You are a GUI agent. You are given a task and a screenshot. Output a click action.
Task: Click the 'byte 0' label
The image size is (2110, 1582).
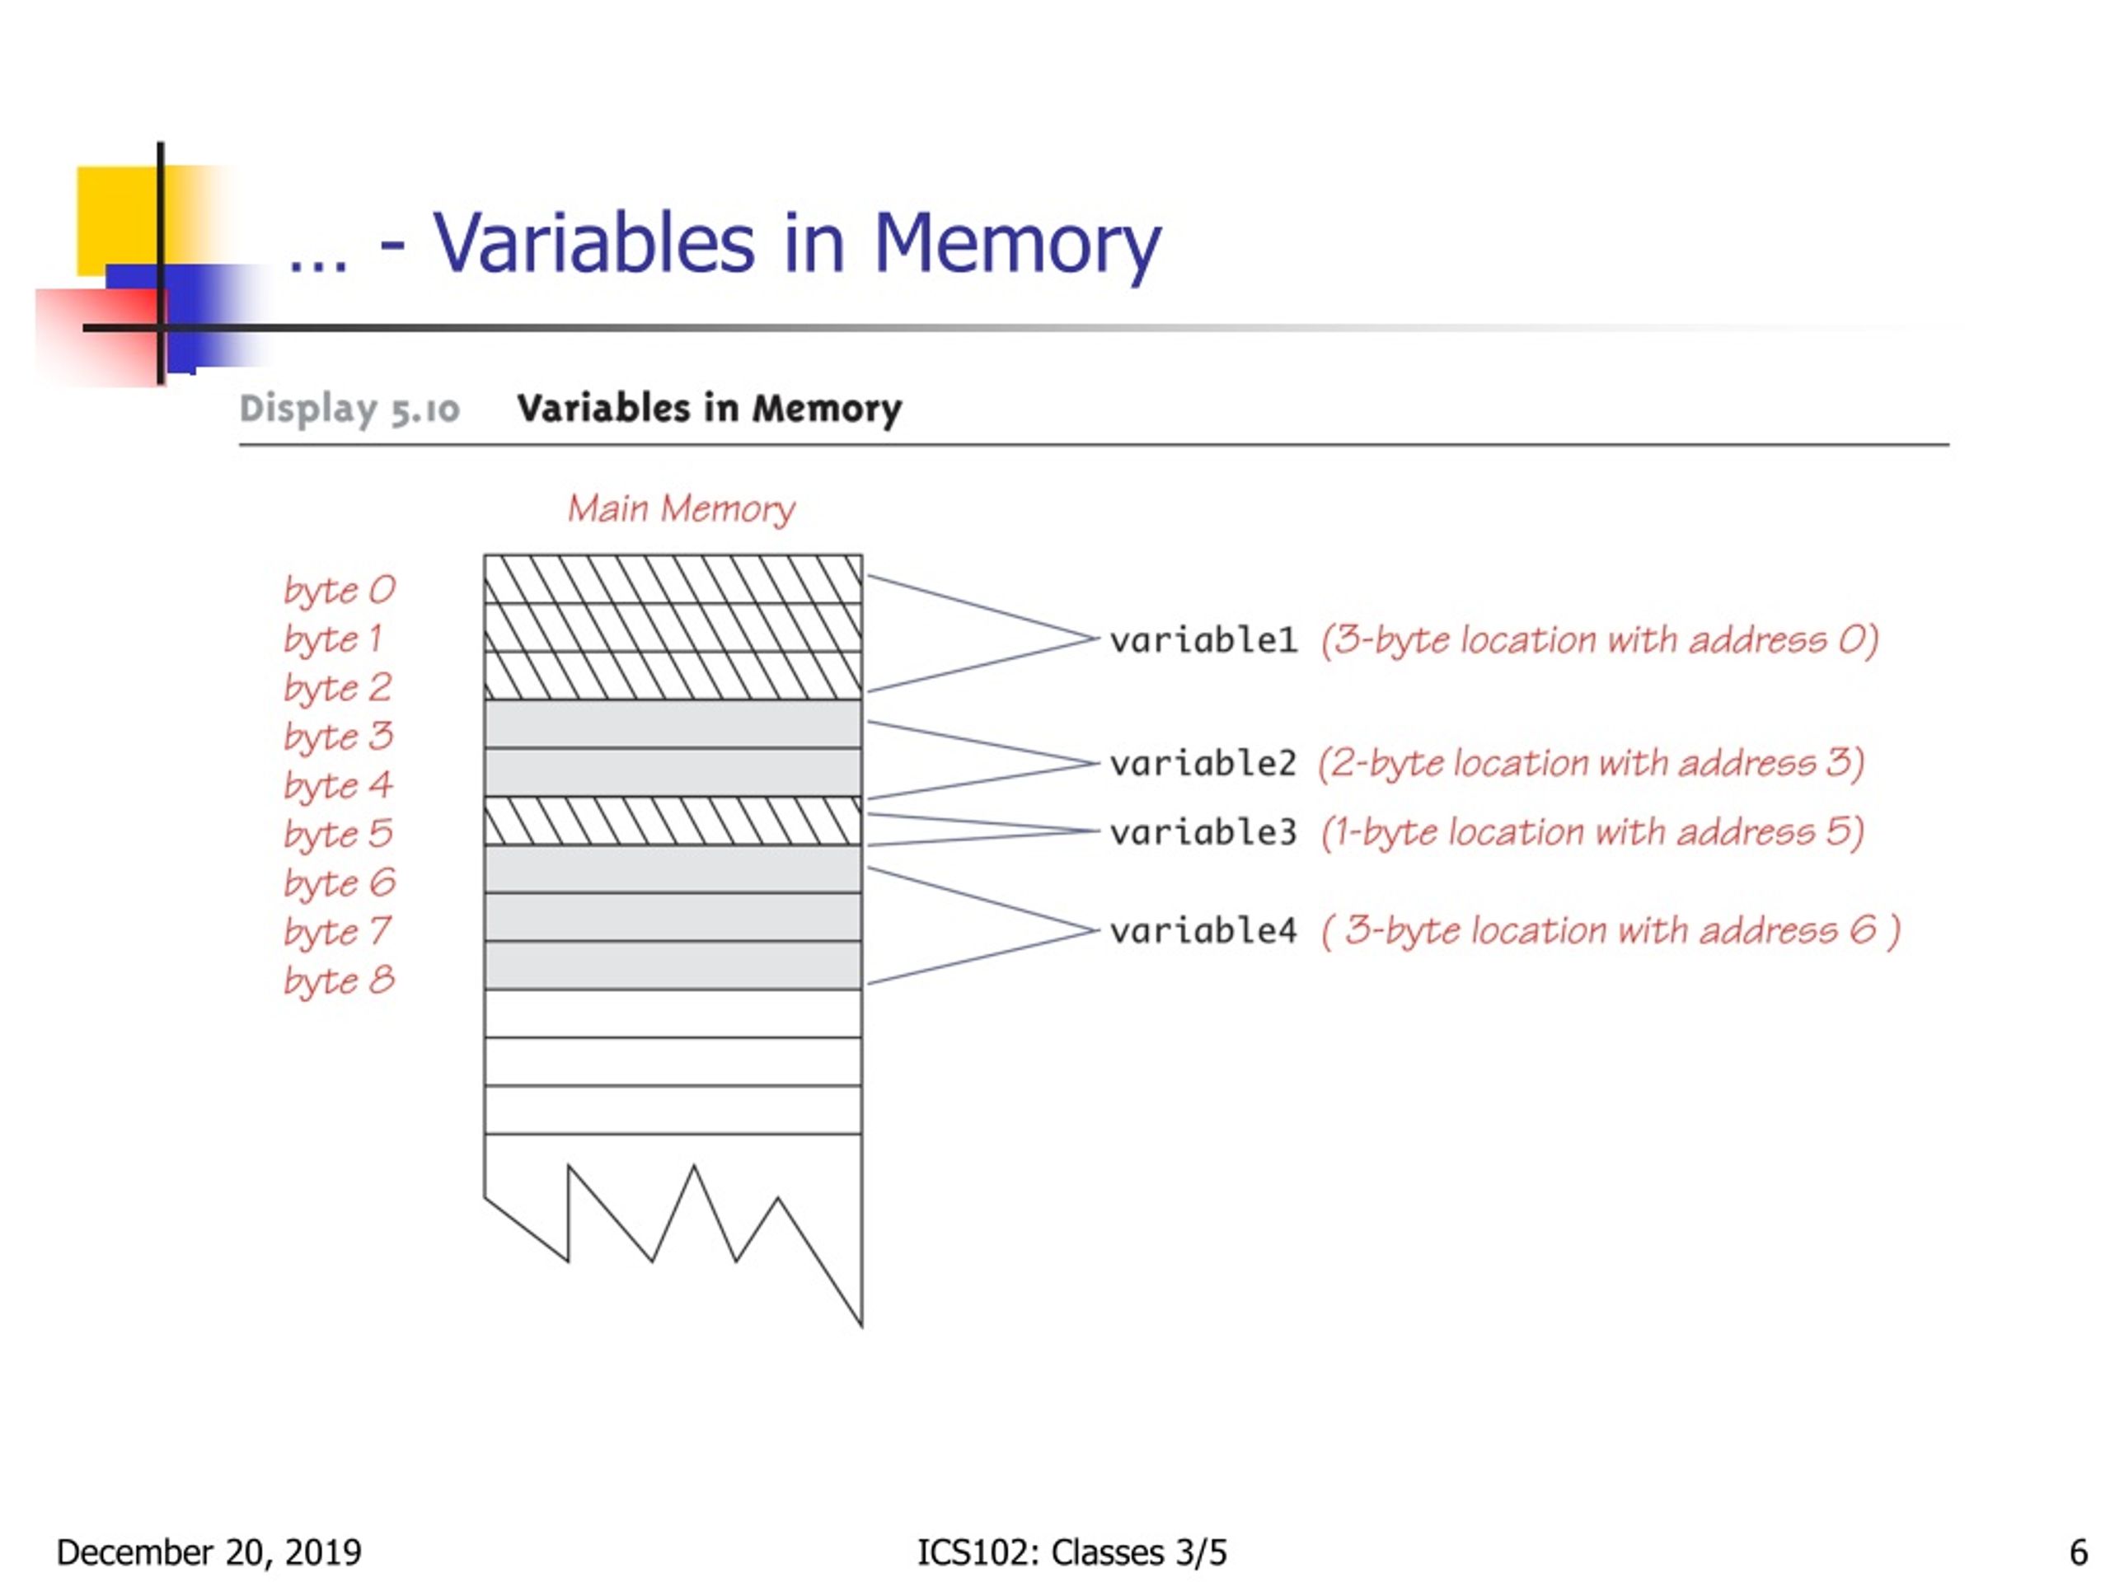pos(339,590)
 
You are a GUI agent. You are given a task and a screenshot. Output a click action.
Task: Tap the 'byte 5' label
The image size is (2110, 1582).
pos(339,835)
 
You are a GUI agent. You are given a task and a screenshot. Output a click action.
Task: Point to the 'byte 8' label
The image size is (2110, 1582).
pos(339,981)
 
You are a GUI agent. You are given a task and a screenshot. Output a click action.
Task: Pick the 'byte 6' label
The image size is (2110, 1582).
pos(339,884)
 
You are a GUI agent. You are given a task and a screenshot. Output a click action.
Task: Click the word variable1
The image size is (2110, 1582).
pos(1203,640)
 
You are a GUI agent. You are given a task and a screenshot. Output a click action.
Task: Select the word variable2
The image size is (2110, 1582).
pos(1203,763)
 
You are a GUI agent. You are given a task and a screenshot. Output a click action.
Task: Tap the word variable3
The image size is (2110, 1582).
pos(1203,832)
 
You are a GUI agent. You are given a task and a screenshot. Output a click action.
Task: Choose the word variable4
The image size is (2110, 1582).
pos(1203,931)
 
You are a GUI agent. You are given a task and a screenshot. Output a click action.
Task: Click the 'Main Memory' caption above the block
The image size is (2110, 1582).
pos(681,509)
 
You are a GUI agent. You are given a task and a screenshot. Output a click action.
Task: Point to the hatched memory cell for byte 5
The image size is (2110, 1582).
pos(673,821)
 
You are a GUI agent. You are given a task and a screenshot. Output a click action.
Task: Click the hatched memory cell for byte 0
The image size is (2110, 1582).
pos(673,578)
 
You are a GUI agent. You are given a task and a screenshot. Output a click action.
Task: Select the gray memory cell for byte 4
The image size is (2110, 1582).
pos(673,772)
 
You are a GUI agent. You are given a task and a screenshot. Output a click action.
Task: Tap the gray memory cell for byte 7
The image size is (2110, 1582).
pos(673,917)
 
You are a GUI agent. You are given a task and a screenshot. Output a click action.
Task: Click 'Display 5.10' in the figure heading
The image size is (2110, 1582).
pos(350,409)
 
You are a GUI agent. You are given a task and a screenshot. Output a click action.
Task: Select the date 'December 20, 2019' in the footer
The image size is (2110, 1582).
pos(209,1552)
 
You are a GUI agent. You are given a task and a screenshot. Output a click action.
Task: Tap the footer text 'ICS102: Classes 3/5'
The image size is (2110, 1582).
pos(1071,1552)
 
